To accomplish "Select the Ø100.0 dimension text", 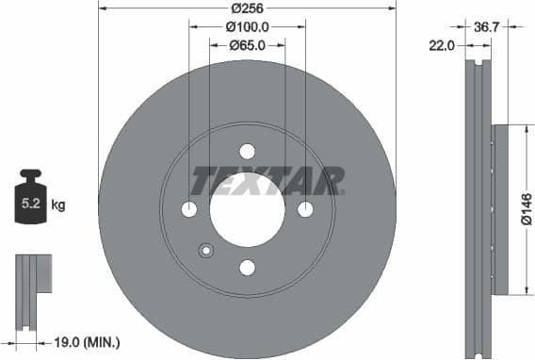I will pyautogui.click(x=247, y=27).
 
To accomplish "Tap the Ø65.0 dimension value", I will pyautogui.click(x=247, y=44).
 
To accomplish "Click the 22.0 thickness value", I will pyautogui.click(x=442, y=44).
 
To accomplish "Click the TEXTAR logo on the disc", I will pyautogui.click(x=267, y=180).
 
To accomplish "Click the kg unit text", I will pyautogui.click(x=58, y=204).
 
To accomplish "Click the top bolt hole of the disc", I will pyautogui.click(x=247, y=151).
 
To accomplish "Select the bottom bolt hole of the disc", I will pyautogui.click(x=247, y=268).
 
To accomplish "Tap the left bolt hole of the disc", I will pyautogui.click(x=189, y=209).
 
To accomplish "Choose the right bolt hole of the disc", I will pyautogui.click(x=305, y=209).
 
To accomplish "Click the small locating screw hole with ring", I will pyautogui.click(x=206, y=250).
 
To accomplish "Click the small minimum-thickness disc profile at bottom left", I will pyautogui.click(x=29, y=288).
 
